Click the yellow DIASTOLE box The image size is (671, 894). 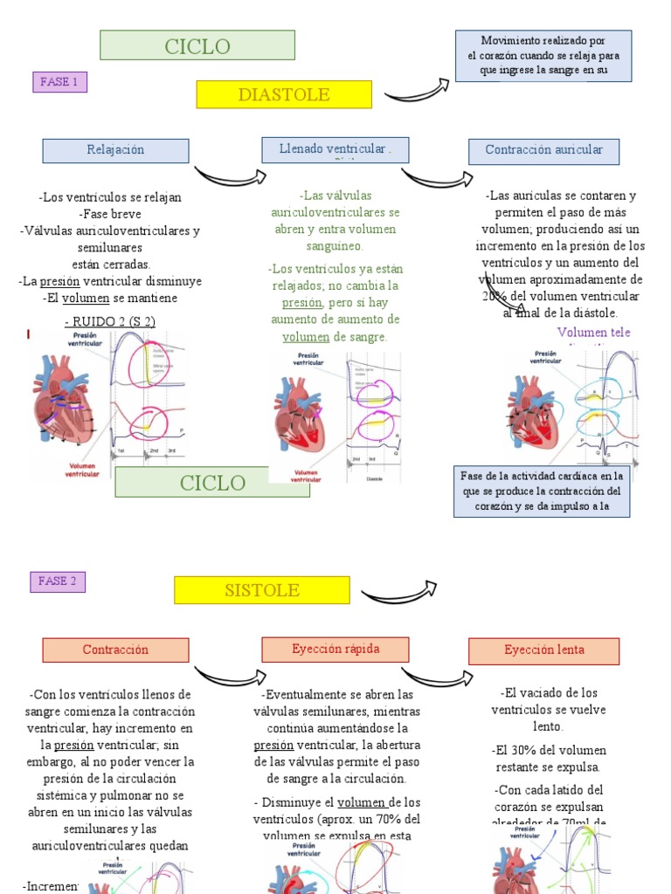coord(284,94)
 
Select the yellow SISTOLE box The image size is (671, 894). coord(261,590)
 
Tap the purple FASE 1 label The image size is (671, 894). coord(59,82)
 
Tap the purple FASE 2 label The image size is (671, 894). coord(58,581)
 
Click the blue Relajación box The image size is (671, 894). coord(115,150)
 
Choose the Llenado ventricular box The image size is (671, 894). coord(335,149)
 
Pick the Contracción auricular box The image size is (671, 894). coord(543,150)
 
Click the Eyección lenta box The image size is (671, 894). coord(543,650)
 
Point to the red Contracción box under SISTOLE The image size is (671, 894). coord(115,650)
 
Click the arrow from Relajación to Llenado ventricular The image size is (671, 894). coord(229,175)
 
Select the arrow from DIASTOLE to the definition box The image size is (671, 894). coord(416,89)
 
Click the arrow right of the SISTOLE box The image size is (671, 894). coord(398,594)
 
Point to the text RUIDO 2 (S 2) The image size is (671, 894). coord(110,321)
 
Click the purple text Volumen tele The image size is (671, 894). coord(593,333)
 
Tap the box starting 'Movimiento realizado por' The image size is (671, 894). coord(543,56)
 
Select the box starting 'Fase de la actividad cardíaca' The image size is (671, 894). coord(541,491)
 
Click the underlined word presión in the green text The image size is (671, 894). coord(301,303)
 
